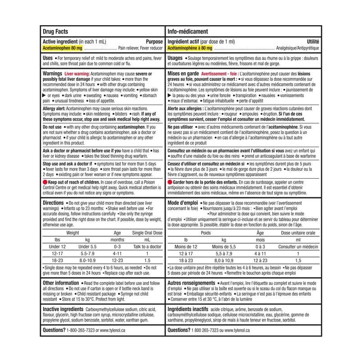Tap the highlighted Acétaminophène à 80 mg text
pyautogui.click(x=189, y=47)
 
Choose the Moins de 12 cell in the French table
pyautogui.click(x=186, y=247)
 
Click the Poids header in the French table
pyautogui.click(x=205, y=233)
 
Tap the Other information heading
pyautogui.click(x=61, y=283)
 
